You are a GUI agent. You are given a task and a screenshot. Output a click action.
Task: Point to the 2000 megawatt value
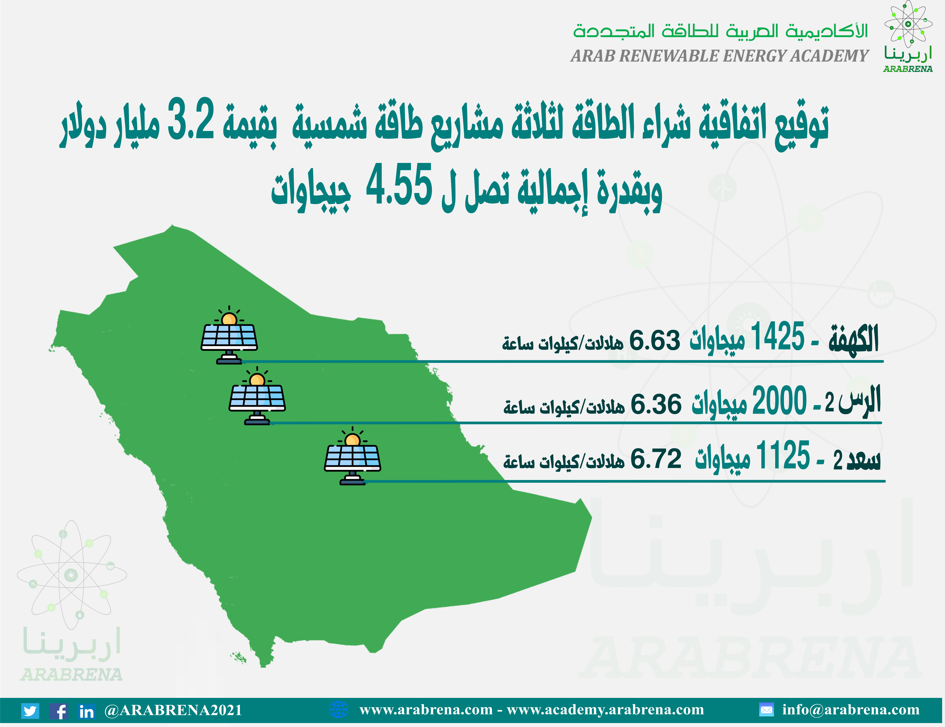(779, 400)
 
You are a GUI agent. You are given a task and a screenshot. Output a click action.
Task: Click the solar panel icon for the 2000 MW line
(257, 396)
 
